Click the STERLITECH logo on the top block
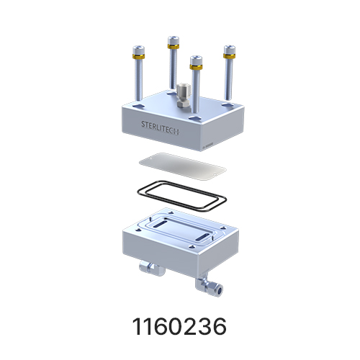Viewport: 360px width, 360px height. coord(160,127)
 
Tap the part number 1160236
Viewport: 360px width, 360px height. coord(179,326)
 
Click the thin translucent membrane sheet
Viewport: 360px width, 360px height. coord(182,166)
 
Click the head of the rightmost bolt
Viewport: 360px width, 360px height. coord(230,50)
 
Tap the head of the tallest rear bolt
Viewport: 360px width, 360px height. coord(174,40)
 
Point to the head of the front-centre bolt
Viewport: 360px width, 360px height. coord(196,60)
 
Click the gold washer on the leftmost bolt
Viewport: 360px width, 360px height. coord(138,57)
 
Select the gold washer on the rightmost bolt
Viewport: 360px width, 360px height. coord(229,56)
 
